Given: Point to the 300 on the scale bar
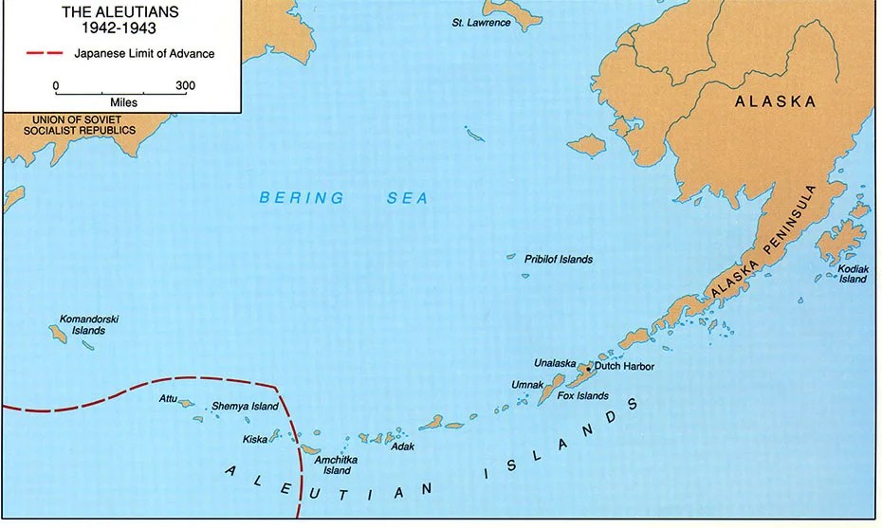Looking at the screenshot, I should [x=185, y=85].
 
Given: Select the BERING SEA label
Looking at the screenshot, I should [x=343, y=198].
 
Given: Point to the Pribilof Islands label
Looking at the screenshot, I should [x=559, y=259].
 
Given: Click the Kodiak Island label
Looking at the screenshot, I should [x=852, y=274].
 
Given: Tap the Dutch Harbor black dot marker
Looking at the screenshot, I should [x=588, y=368].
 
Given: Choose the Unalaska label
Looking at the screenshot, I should [x=555, y=362].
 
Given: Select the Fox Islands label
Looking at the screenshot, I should [x=582, y=395].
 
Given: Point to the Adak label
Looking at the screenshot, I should [x=402, y=445].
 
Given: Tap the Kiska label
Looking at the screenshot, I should [x=254, y=440].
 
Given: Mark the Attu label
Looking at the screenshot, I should [x=168, y=398].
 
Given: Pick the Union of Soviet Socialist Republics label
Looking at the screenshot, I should [x=70, y=124].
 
